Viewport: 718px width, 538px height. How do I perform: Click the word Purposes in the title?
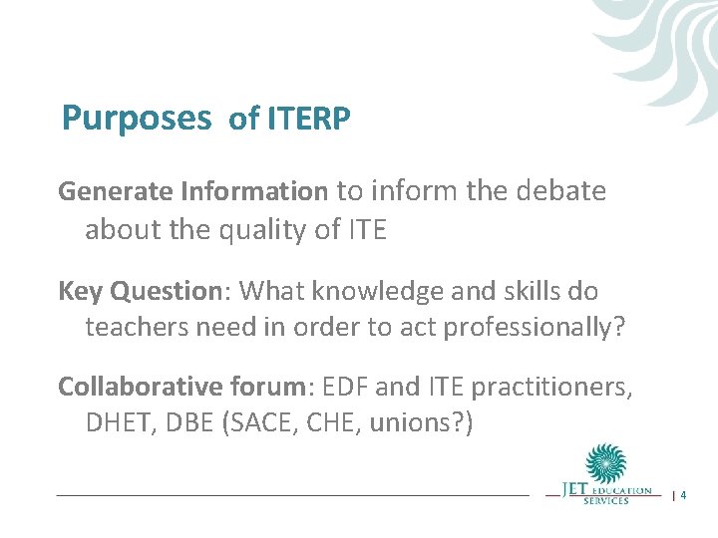137,119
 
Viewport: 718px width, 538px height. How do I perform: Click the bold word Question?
166,291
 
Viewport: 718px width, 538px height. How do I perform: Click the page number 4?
683,495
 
